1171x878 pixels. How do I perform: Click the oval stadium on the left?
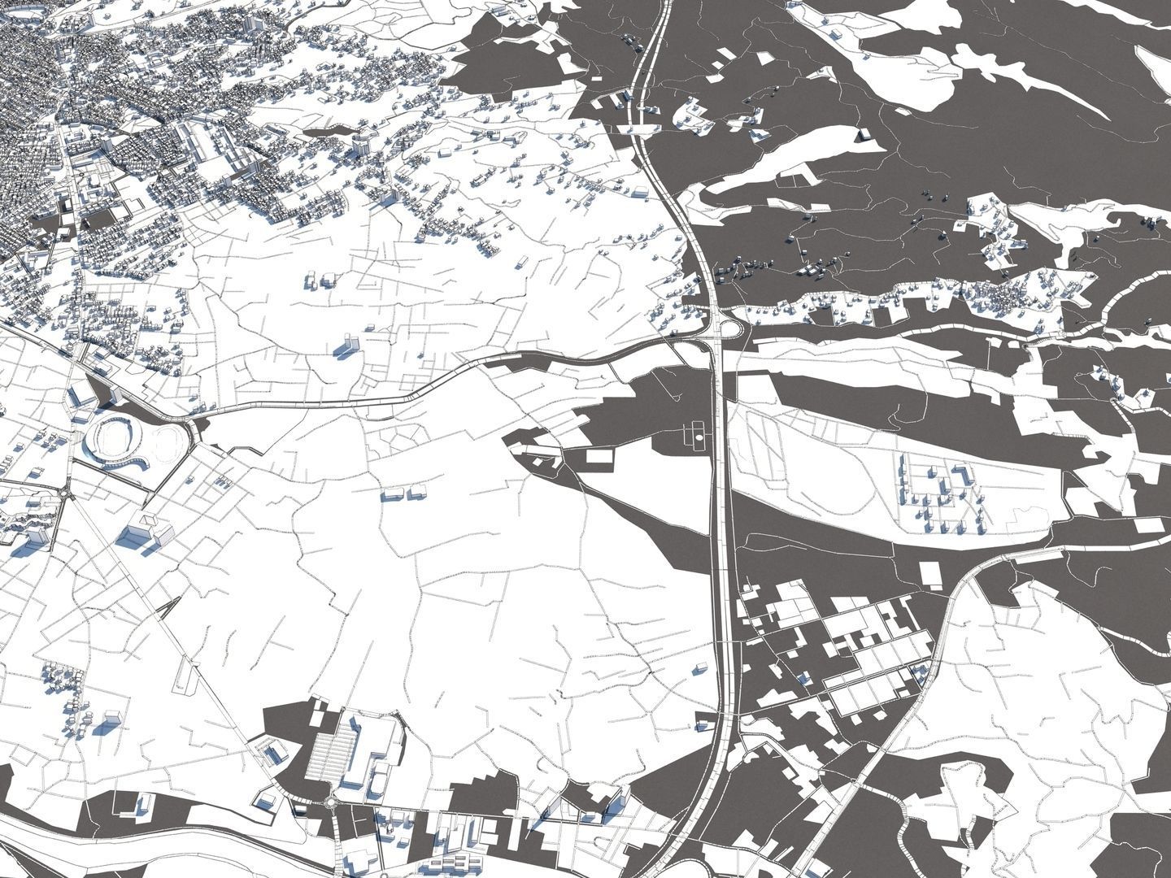[115, 439]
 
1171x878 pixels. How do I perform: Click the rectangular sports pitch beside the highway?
[697, 437]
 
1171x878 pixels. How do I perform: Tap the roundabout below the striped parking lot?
[333, 805]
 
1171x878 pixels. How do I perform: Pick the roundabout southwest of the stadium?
[65, 491]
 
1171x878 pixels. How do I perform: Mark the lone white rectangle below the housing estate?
[932, 574]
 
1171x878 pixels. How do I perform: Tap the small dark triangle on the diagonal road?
[172, 606]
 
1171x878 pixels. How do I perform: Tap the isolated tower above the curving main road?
[347, 345]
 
